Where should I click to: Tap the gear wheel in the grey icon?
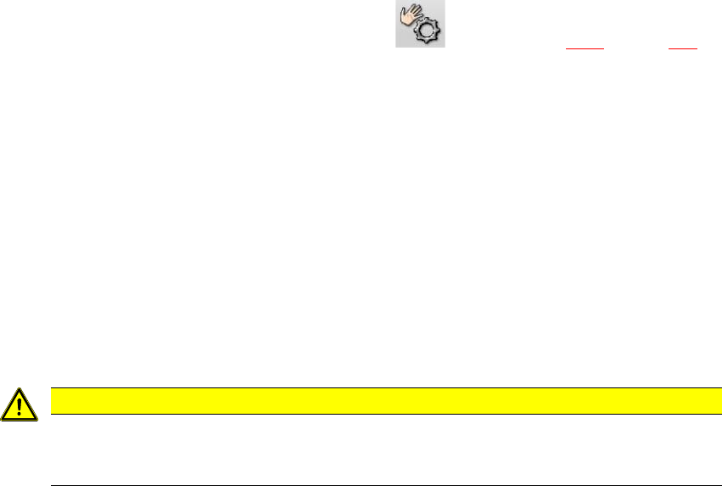[x=428, y=31]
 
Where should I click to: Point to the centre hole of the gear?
[x=428, y=32]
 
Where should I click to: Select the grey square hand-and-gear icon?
[x=420, y=24]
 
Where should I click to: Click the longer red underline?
[x=585, y=48]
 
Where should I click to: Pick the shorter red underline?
[x=682, y=48]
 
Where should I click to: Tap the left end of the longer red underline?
[x=567, y=48]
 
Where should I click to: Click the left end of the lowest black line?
[x=53, y=485]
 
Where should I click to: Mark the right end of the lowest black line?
[x=720, y=485]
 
